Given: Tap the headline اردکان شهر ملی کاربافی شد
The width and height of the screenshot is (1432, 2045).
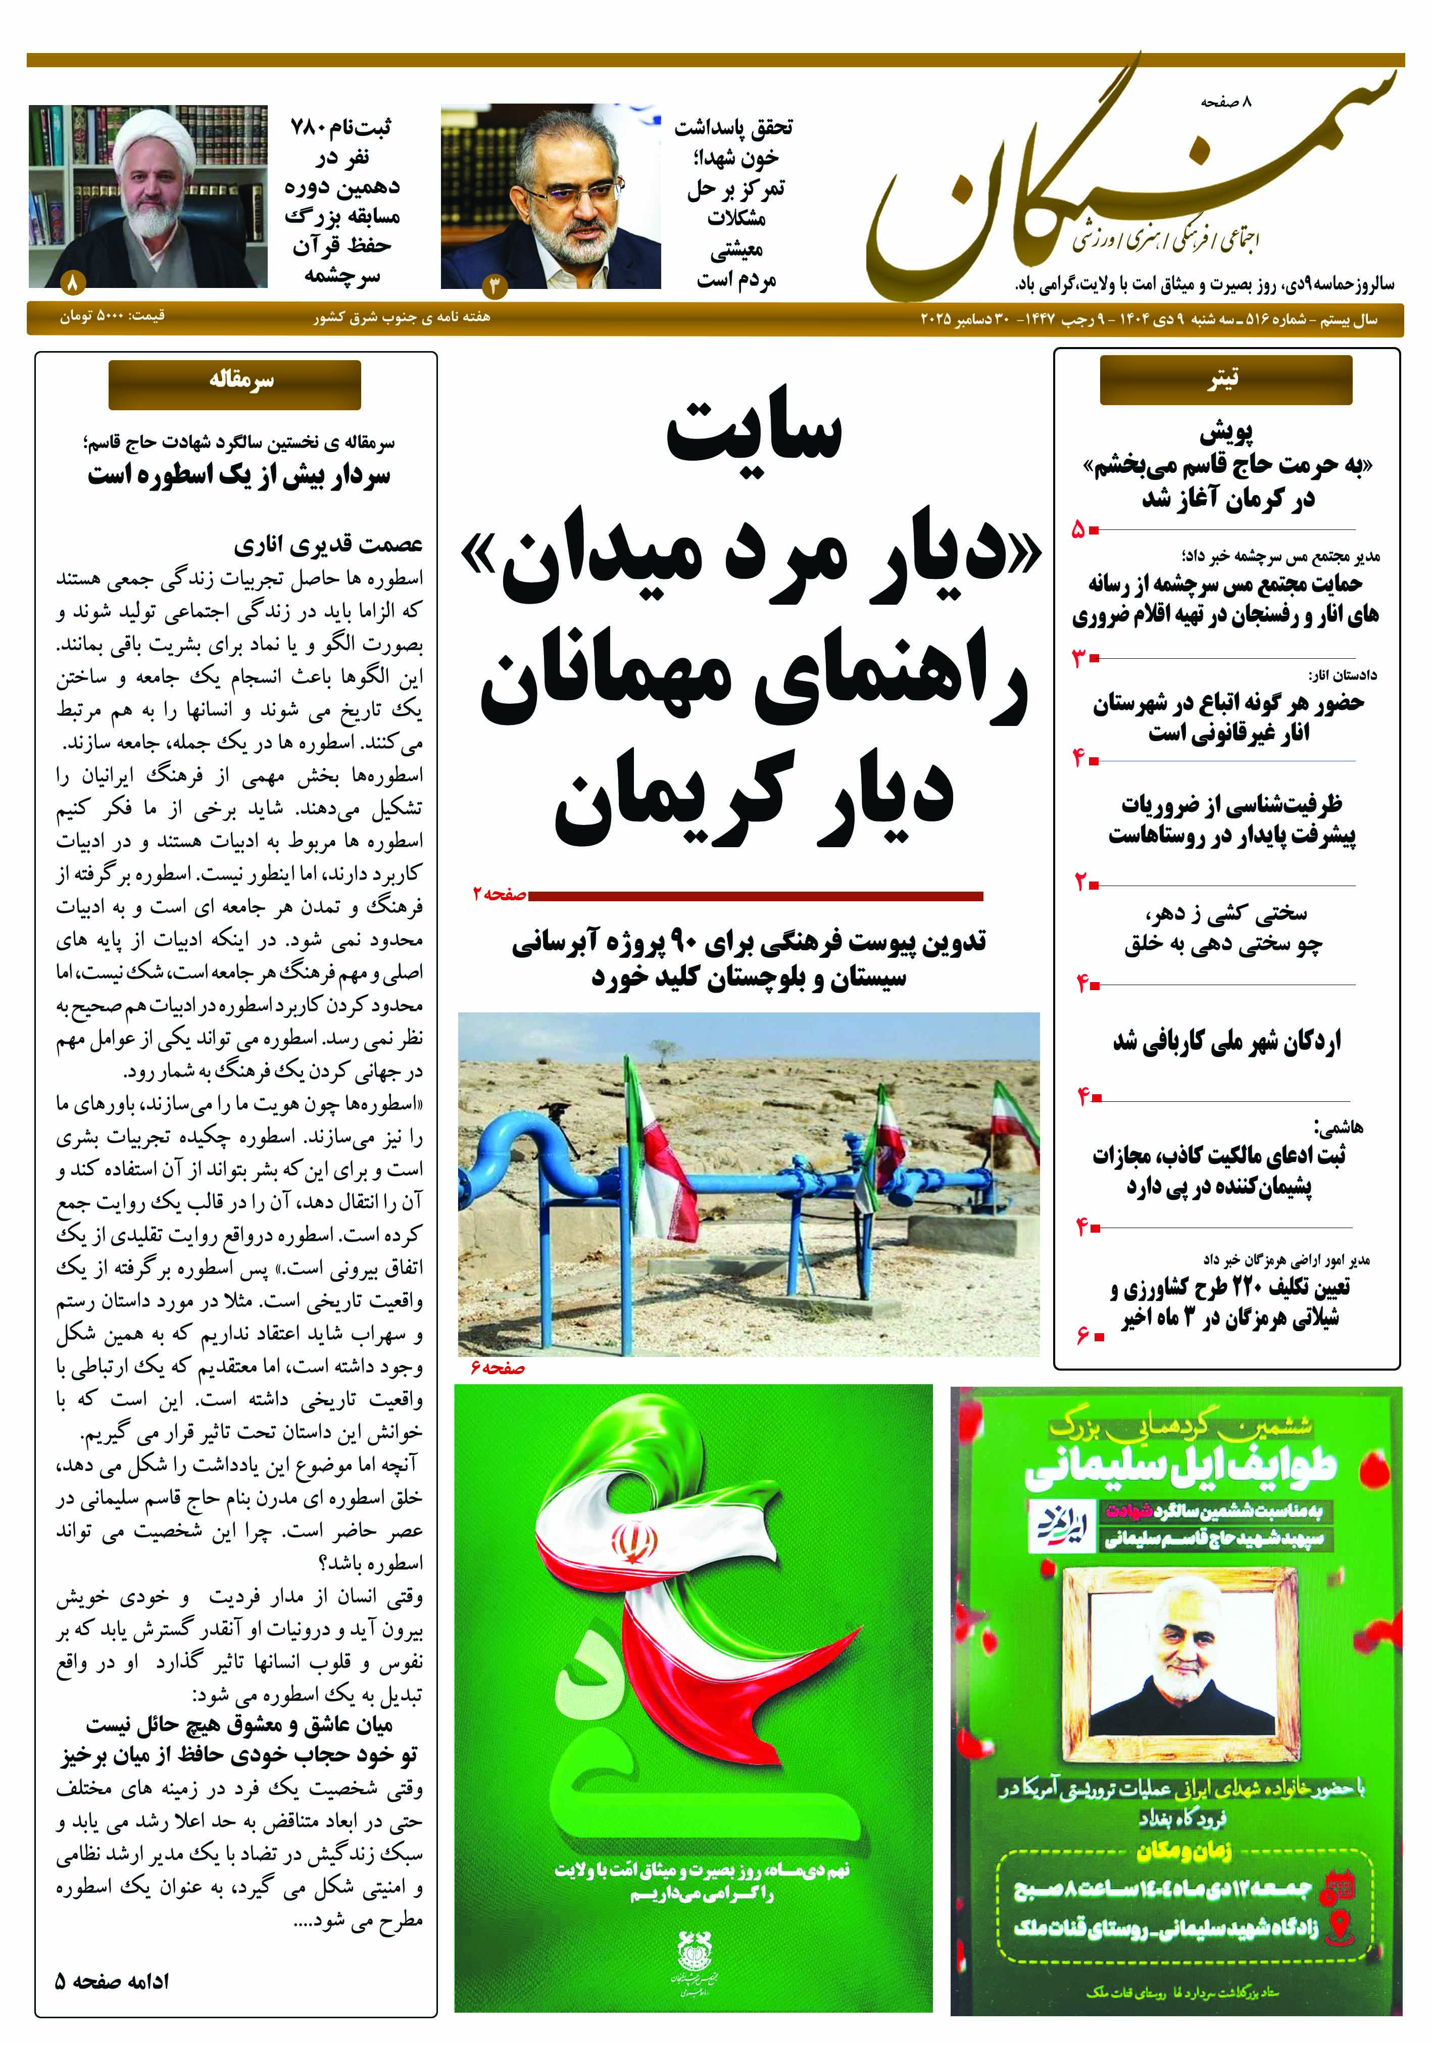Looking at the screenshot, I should coord(1226,1040).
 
